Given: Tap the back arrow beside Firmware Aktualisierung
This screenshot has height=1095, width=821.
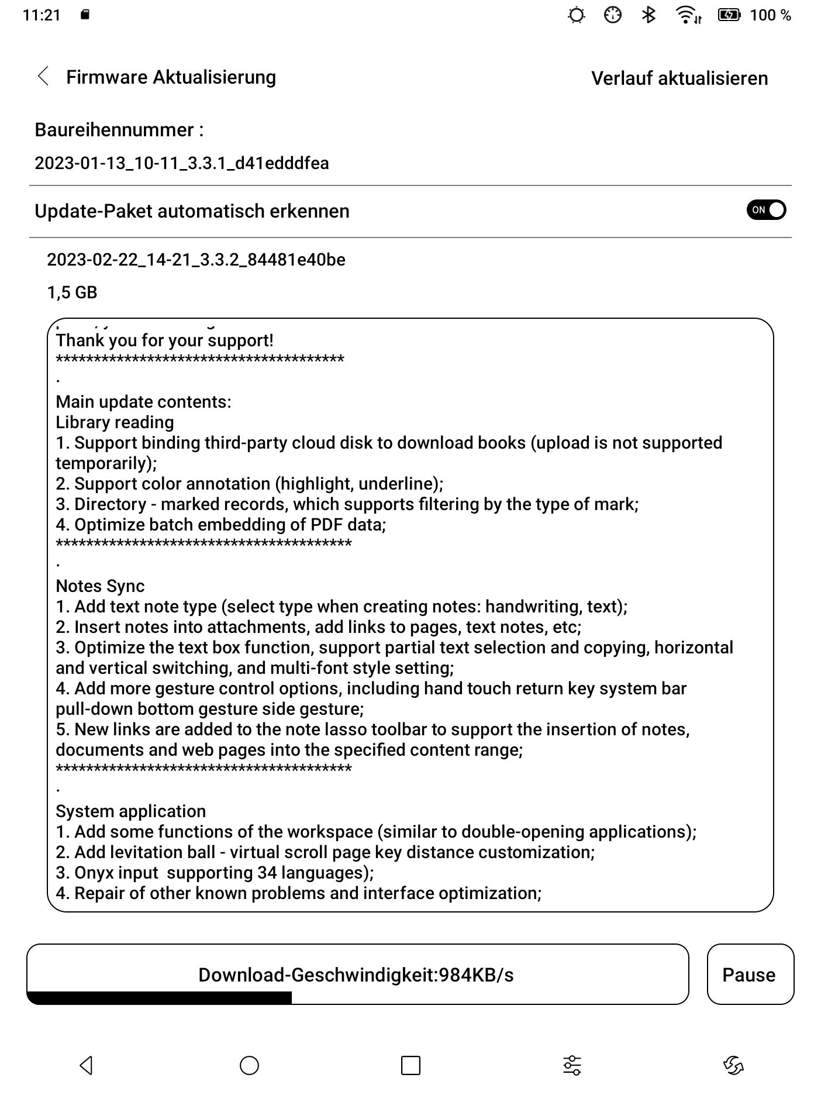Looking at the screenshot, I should coord(43,76).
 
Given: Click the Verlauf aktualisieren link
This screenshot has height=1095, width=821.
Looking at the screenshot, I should coord(679,78).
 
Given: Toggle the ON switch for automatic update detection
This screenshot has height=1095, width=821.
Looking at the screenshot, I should coord(765,210).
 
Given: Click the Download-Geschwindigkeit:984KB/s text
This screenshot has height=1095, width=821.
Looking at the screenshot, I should coord(356,975).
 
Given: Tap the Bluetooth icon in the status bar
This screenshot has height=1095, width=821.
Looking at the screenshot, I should coord(648,15).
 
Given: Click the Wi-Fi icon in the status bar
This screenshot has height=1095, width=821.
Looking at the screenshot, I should coord(687,15).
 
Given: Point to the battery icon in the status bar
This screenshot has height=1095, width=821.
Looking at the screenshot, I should coord(729,15).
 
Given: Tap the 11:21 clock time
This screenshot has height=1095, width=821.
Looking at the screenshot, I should coord(42,15).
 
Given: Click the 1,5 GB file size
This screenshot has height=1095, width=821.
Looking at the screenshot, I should coord(72,292).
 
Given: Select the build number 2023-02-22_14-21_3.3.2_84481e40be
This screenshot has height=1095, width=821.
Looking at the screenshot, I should coord(196,260).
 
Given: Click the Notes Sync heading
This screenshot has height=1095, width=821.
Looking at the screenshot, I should coord(100,586).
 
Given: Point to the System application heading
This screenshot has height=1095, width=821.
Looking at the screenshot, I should coord(130,811).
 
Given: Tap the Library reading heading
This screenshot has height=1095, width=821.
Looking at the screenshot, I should coord(115,422).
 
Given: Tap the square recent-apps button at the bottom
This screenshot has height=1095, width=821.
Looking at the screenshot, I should coord(410,1065).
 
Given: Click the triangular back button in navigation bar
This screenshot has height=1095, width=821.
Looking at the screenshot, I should coord(86,1065).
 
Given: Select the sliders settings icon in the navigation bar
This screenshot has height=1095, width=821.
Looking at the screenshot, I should coord(572,1065).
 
